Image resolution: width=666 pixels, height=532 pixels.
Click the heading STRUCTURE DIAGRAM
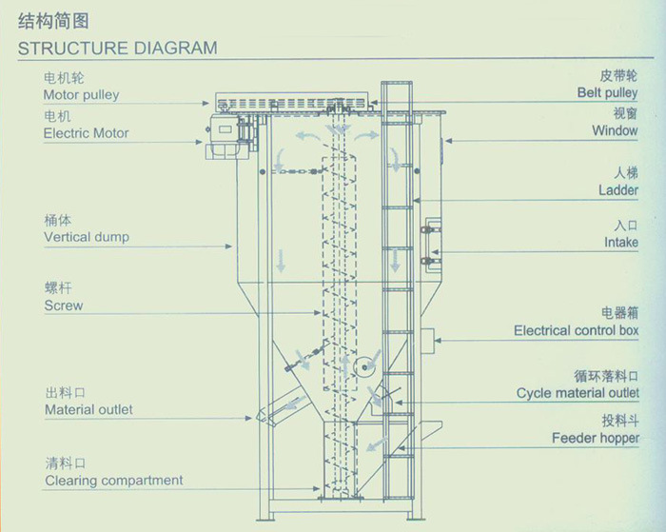pos(117,48)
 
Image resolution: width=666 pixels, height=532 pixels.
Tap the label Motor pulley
pos(81,95)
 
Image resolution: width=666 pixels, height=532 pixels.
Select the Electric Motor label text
pos(86,133)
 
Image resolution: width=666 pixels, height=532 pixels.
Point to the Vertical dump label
pos(87,237)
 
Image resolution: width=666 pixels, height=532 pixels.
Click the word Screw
pos(64,305)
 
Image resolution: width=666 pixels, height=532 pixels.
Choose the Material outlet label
pos(88,409)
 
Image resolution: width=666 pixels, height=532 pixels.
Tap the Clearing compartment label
pos(114,481)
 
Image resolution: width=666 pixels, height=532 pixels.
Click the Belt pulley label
pos(607,92)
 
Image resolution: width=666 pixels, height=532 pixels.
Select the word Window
pos(615,130)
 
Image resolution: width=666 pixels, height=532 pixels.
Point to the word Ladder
pos(618,190)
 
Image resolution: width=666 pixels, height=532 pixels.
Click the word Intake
pos(621,242)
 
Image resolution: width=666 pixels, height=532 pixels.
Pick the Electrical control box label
pos(576,330)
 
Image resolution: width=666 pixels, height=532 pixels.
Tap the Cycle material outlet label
pos(578,393)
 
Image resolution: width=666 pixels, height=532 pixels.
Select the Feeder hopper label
pos(596,438)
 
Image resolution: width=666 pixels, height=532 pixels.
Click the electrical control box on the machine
pos(427,342)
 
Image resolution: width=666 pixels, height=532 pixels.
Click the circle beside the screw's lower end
pos(364,367)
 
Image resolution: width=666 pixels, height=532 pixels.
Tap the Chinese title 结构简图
pos(53,21)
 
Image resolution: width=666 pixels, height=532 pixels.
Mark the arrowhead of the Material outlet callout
pos(249,418)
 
